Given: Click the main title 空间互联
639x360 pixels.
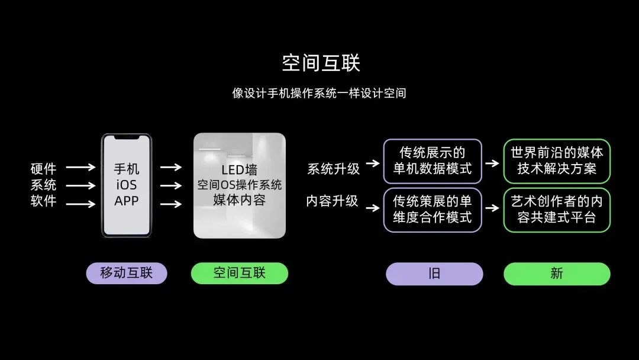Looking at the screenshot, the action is pos(321,63).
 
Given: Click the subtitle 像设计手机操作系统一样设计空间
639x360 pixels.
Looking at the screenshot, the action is pos(319,93).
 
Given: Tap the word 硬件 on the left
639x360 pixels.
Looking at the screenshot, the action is pos(44,168).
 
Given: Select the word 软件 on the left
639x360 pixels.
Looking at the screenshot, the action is pos(44,201).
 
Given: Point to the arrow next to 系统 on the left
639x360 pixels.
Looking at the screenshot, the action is pos(80,185).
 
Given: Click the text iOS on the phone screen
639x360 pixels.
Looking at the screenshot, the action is pos(127,185).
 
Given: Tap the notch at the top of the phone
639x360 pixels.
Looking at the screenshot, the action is pos(127,137).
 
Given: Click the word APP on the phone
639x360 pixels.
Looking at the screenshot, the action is pos(127,201).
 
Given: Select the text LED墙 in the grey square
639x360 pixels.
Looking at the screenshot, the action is pos(239,169).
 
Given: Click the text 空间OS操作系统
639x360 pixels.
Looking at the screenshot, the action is pos(239,185).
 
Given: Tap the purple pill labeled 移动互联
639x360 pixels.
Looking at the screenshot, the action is pos(127,273).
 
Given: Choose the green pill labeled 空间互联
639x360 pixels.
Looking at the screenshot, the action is pos(240,273).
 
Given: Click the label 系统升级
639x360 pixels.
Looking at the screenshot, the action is pos(333,168).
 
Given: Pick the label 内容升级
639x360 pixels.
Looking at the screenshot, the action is pos(332,201).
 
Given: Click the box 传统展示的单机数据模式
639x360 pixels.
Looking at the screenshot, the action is pos(433,161).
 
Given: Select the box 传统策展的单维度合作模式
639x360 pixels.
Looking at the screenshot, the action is pos(433,210).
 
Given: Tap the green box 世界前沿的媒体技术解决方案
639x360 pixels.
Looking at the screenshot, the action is pos(557,161).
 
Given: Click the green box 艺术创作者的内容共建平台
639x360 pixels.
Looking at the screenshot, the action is pos(557,210).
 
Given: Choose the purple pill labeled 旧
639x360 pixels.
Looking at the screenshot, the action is pos(434,274).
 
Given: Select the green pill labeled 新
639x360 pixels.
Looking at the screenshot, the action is pos(557,274).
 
